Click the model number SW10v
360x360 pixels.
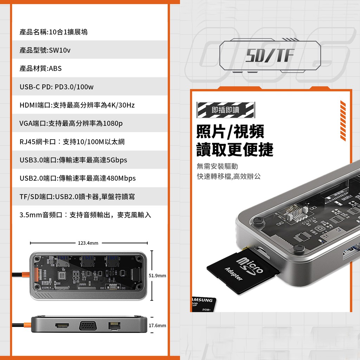(59, 50)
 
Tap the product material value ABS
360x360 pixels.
(55, 69)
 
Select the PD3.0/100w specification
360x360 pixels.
(74, 87)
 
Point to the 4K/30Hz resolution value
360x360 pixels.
(121, 105)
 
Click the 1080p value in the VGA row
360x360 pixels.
(113, 123)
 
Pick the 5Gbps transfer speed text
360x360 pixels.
(117, 160)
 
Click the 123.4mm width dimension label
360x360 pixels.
(88, 243)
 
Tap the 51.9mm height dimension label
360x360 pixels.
(157, 276)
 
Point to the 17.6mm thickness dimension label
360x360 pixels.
(157, 325)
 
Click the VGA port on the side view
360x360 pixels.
(88, 326)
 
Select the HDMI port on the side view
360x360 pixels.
(62, 325)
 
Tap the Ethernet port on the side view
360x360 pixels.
(114, 326)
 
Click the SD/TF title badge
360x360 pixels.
(270, 56)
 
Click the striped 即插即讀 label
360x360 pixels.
(226, 110)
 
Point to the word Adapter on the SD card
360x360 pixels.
(233, 274)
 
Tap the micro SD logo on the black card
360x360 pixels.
(250, 266)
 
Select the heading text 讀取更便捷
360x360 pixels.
(235, 149)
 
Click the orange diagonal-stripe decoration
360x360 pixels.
(343, 121)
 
